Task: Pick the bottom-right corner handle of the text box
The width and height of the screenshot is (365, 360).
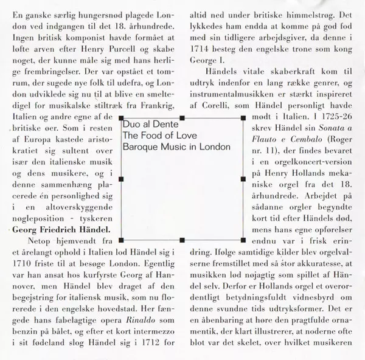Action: [243, 240]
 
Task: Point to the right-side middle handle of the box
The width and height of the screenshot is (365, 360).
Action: [243, 180]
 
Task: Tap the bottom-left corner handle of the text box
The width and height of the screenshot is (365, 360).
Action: [123, 240]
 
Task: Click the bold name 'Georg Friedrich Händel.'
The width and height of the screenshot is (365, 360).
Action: [61, 230]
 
